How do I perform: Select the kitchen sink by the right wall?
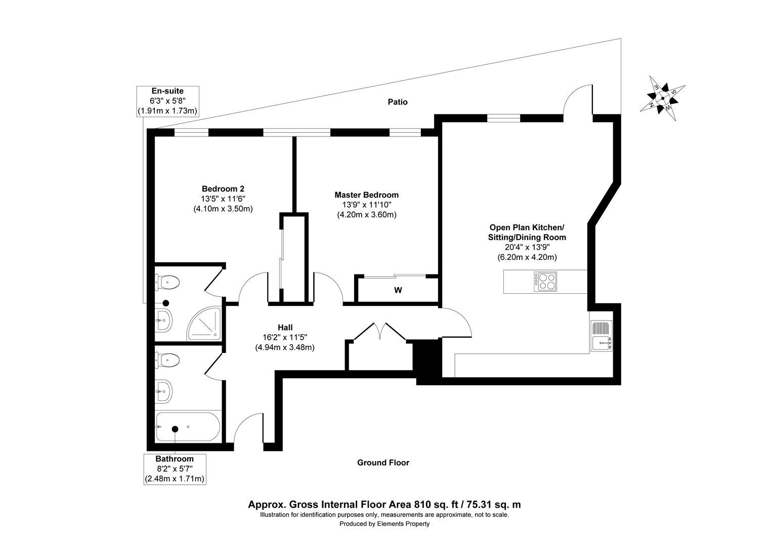(602, 336)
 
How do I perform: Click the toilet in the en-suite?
(168, 282)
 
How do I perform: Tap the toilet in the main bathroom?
(168, 360)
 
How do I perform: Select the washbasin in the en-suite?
(164, 320)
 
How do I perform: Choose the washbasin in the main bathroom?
(164, 391)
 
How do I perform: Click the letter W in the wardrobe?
(398, 290)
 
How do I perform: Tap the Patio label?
(398, 102)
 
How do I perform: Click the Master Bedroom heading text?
(366, 195)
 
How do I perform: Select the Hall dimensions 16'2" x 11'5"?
(285, 337)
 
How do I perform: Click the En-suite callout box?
(167, 101)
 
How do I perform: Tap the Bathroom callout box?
(175, 469)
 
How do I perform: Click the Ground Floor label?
(383, 463)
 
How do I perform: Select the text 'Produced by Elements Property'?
(384, 524)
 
